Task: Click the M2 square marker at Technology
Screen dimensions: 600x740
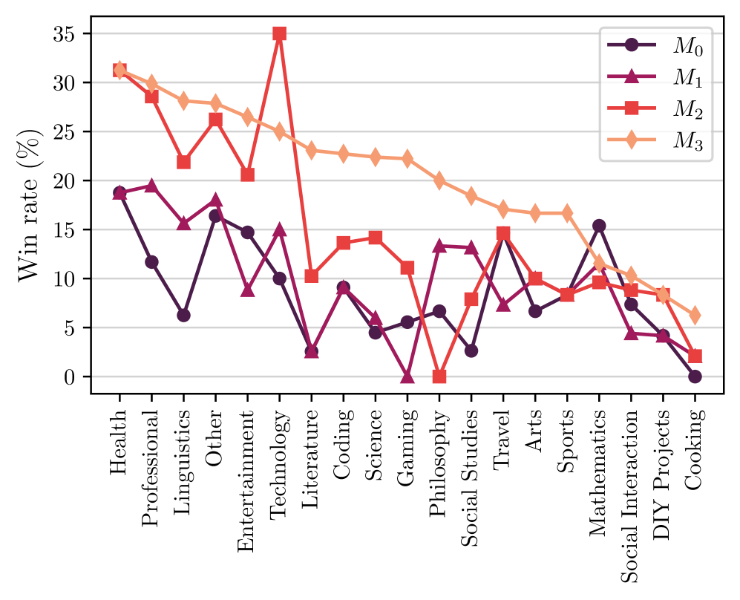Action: click(x=279, y=33)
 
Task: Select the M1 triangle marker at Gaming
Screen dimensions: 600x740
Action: click(x=407, y=376)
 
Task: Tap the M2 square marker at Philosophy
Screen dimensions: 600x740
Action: click(x=439, y=376)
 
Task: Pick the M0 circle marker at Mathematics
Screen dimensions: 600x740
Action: click(x=599, y=226)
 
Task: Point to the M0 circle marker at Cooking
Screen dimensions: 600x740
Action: click(x=695, y=376)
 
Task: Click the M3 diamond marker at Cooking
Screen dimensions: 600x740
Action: click(x=695, y=316)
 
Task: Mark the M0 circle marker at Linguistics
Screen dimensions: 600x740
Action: click(x=183, y=315)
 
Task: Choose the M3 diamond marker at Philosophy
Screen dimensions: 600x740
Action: click(x=439, y=180)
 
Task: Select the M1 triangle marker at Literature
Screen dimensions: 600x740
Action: click(x=311, y=351)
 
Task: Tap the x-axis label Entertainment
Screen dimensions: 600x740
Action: click(x=247, y=486)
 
